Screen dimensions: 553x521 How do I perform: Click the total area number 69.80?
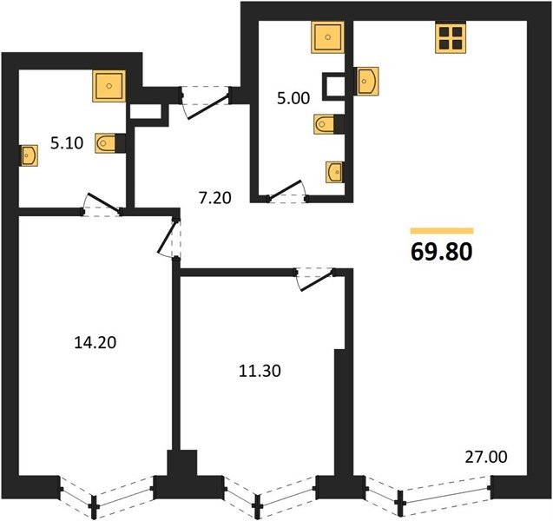442,252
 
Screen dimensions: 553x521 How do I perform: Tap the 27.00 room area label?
486,457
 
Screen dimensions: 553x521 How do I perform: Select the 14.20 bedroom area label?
95,342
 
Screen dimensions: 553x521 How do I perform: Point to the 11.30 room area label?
260,371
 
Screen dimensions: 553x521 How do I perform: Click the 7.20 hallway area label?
214,198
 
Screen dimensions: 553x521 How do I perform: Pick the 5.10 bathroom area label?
67,143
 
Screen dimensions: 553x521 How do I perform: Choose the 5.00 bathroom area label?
293,98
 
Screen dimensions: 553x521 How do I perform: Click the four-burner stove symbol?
451,37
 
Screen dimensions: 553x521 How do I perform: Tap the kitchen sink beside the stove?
366,81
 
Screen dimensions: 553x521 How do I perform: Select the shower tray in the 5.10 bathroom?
109,86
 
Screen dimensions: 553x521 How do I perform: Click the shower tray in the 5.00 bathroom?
327,37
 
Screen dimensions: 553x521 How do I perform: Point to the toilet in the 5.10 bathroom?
106,143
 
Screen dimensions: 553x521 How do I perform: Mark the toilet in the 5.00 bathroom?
325,124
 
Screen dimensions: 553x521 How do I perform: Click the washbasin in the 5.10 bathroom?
29,155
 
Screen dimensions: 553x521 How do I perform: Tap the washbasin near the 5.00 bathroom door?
334,172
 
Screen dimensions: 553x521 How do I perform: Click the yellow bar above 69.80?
442,231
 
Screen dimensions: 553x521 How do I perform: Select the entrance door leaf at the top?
208,107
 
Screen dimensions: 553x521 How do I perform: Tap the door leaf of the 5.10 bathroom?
103,203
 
